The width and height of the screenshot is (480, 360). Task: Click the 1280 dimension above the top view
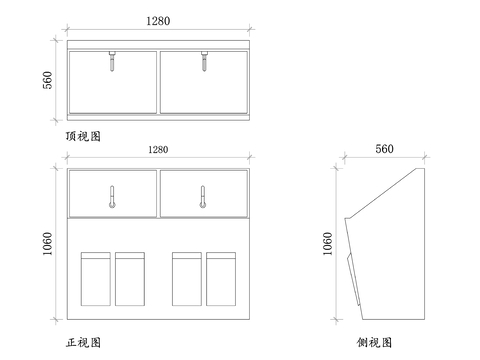[157, 20]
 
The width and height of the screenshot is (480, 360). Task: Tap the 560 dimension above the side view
[384, 149]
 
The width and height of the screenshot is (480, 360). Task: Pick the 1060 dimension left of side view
[328, 246]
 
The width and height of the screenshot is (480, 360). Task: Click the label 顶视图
[83, 134]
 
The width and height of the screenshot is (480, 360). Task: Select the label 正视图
[83, 342]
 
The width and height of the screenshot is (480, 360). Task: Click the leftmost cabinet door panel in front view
[95, 280]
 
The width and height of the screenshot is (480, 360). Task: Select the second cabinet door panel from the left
[130, 280]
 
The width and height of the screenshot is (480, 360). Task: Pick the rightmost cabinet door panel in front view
[221, 280]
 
